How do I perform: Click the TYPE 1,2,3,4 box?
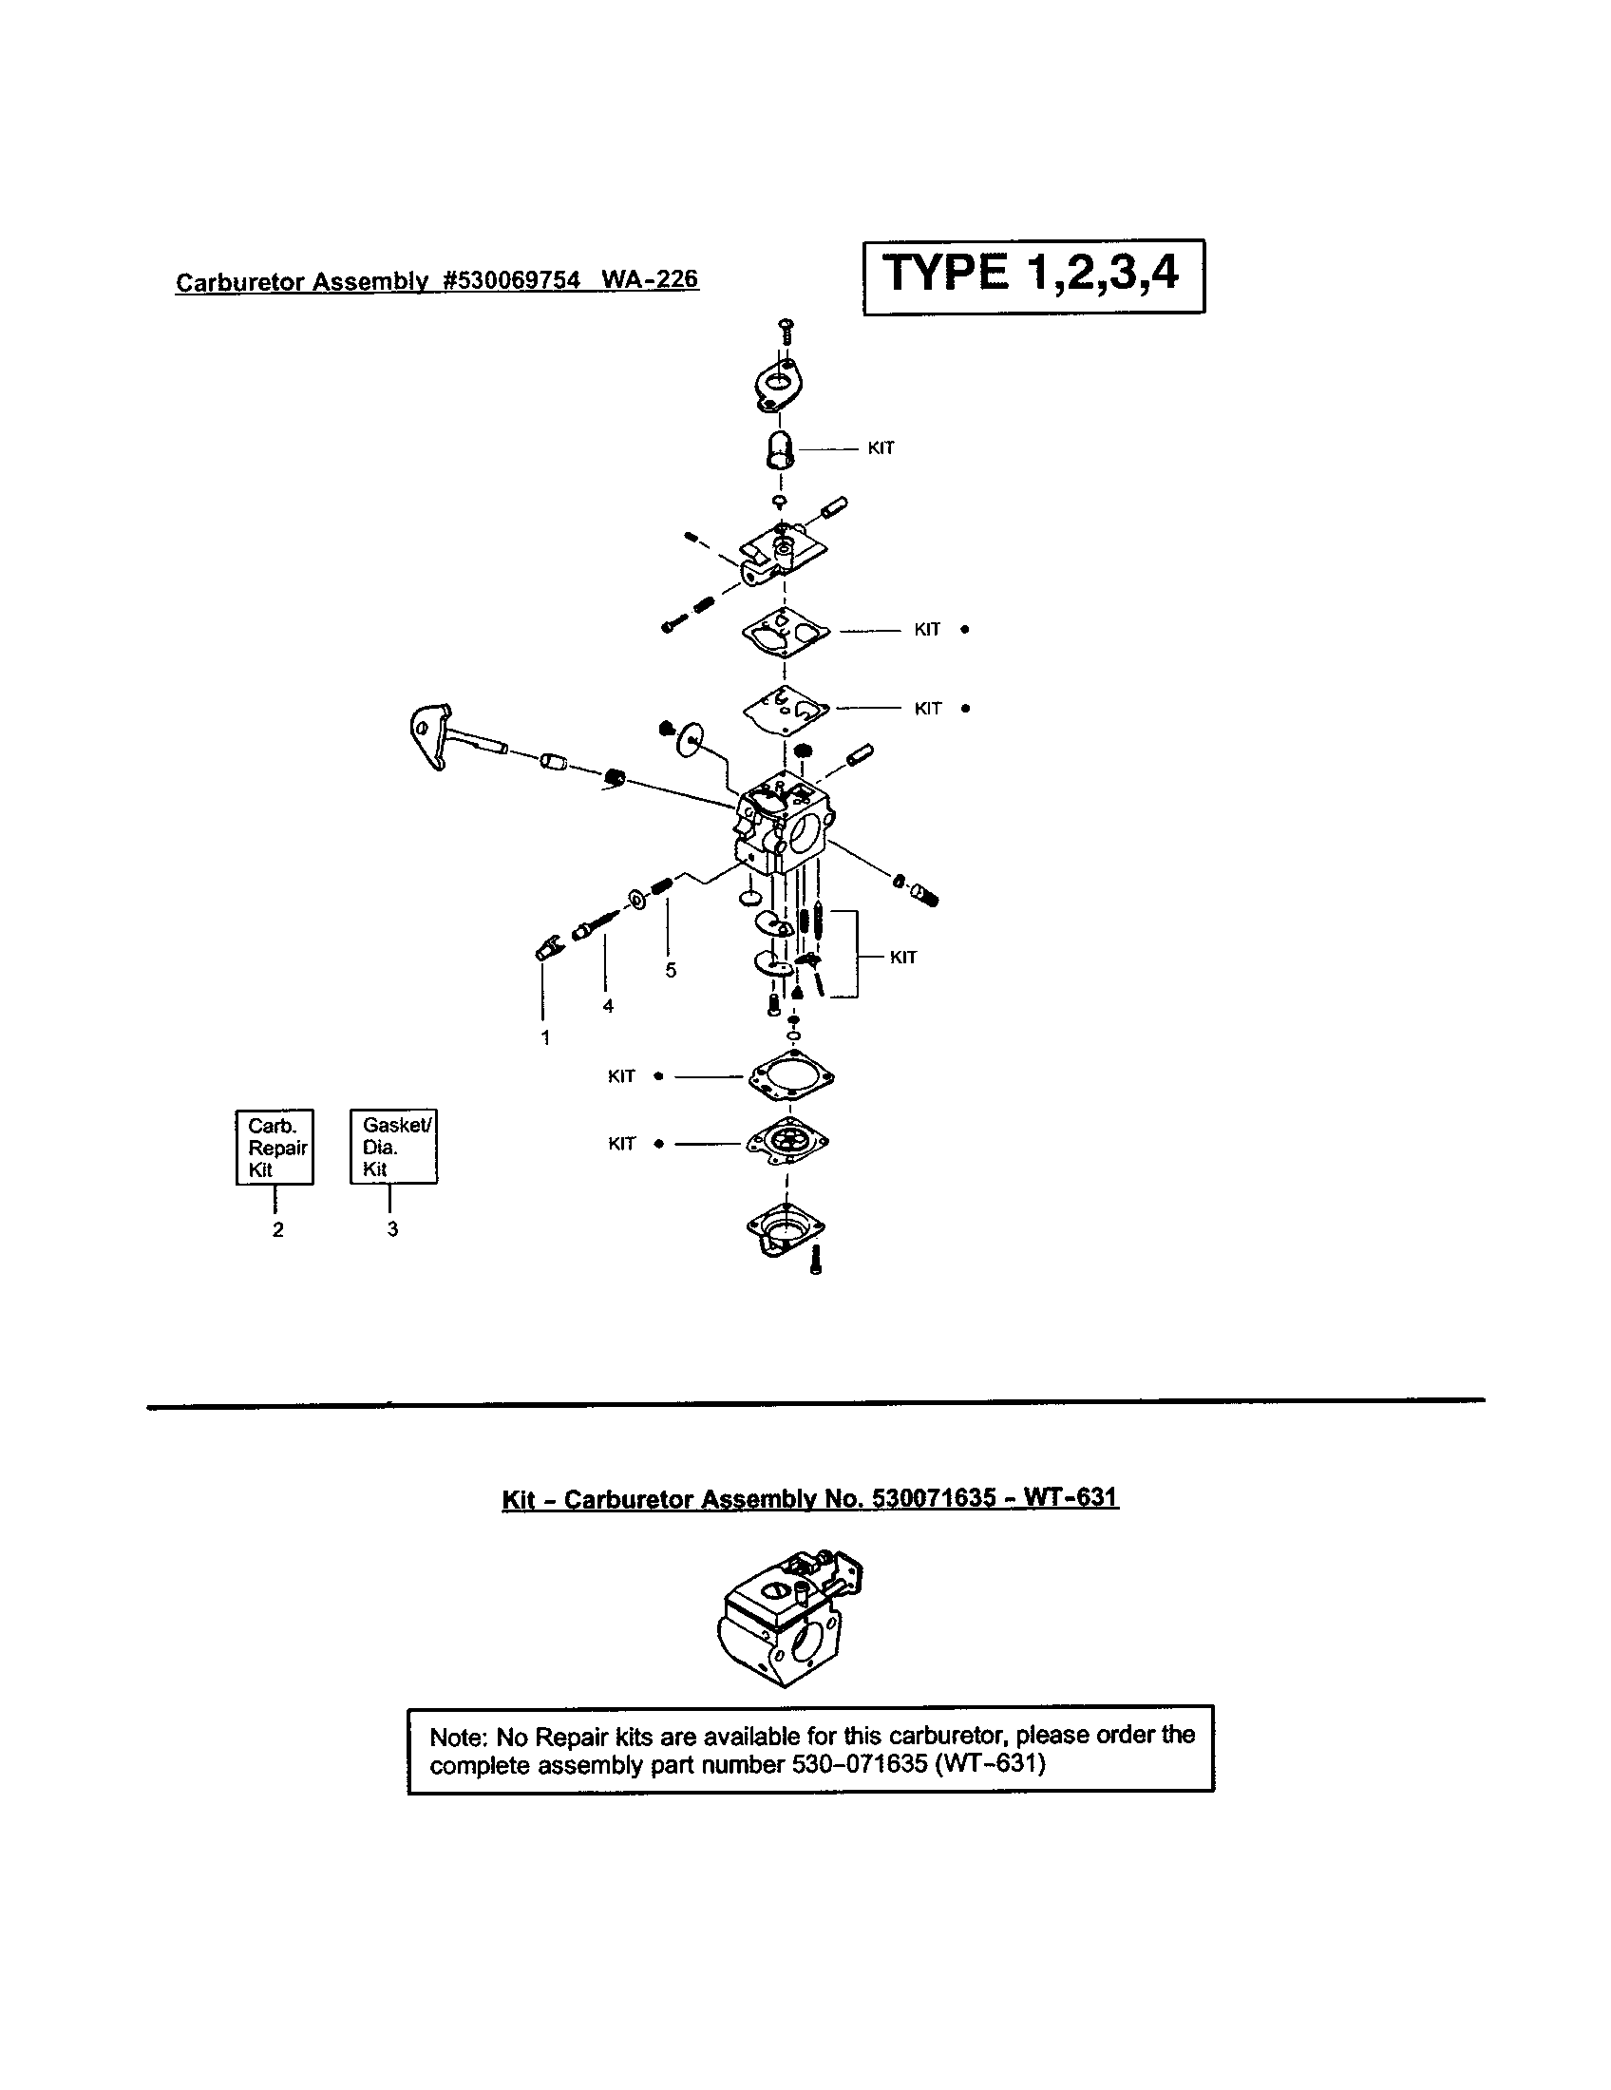1033,275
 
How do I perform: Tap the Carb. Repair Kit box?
275,1147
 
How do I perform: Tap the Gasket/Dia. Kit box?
393,1147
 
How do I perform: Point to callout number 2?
277,1229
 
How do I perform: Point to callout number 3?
392,1228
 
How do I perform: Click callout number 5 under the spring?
671,970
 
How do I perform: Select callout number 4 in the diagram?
608,1006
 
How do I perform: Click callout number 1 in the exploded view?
545,1038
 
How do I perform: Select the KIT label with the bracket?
903,957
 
